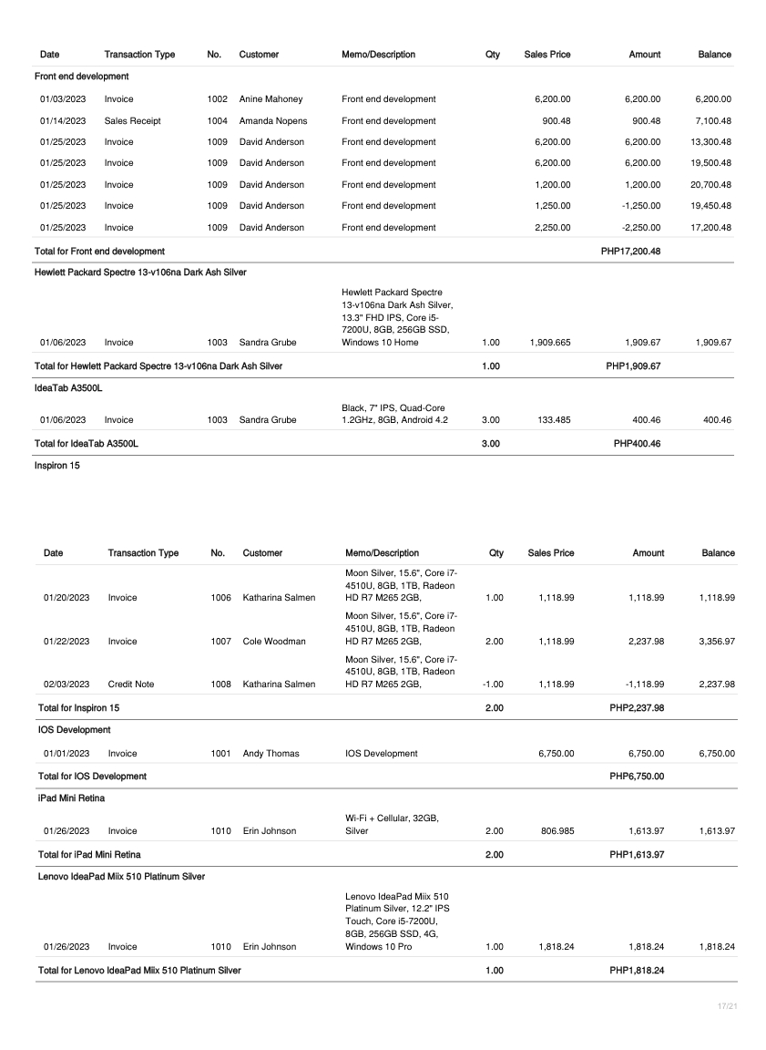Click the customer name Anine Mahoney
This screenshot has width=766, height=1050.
coord(271,98)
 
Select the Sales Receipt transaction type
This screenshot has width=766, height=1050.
coord(129,120)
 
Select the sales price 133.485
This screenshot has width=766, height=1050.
coord(553,420)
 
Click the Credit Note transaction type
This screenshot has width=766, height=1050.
coord(132,684)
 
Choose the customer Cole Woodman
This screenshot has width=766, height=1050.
coord(274,642)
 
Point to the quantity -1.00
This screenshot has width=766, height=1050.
coord(492,684)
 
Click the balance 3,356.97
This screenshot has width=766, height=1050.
coord(718,642)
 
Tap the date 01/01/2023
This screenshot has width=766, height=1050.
coord(66,754)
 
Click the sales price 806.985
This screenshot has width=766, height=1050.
coord(557,831)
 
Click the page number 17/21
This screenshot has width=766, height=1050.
coord(726,1005)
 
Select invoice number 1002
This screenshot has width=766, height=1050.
coord(217,98)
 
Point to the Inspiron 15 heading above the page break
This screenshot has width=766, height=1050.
coord(57,466)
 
